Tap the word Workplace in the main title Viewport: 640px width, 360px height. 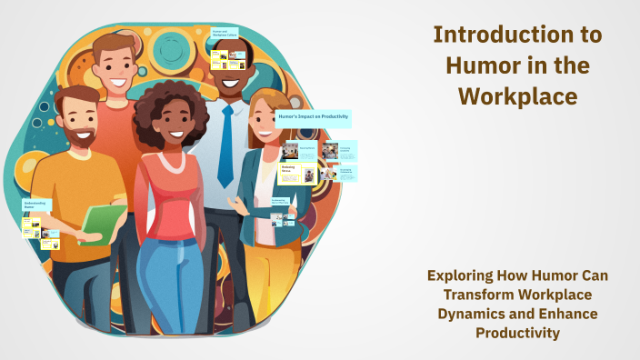coord(516,95)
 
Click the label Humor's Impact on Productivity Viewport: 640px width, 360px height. coord(313,118)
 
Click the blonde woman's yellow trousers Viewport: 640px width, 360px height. coord(264,273)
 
